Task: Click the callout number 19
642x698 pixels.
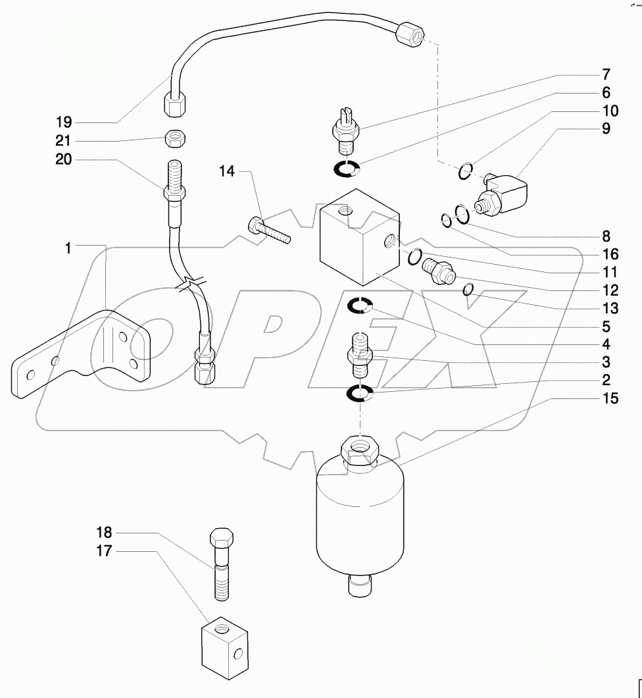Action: [x=63, y=122]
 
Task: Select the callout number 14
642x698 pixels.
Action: [x=227, y=171]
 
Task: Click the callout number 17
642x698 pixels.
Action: [x=104, y=551]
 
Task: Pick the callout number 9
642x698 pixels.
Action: [x=605, y=129]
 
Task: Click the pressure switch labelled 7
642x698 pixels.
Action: [x=345, y=128]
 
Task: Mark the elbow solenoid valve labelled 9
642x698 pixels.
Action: [x=505, y=196]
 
